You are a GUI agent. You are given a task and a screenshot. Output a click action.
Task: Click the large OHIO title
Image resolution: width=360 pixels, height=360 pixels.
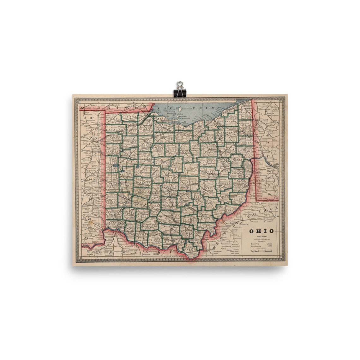tap(261, 231)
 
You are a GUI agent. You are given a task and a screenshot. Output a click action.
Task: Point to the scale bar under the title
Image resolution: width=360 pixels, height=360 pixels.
tap(261, 251)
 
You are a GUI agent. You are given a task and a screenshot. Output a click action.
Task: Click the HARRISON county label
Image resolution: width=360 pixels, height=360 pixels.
tap(237, 173)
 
